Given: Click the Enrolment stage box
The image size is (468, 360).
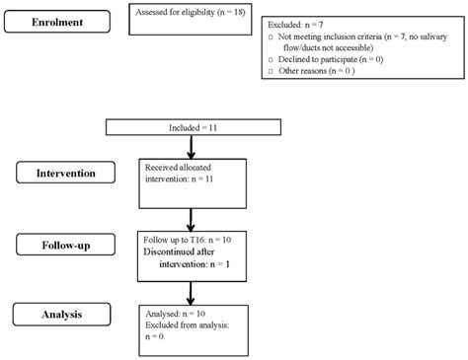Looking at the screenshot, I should click(54, 21).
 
